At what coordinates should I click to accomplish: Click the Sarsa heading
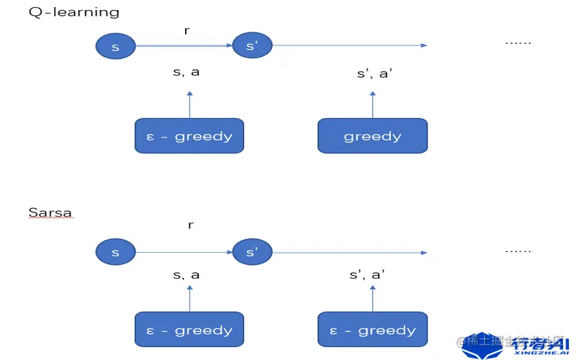[50, 212]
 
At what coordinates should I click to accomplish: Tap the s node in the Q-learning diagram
[115, 47]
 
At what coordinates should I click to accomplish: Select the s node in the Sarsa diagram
[115, 253]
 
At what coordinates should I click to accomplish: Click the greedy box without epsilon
[372, 136]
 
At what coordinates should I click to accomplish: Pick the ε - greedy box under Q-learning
[189, 136]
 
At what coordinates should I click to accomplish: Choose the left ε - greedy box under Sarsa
[189, 330]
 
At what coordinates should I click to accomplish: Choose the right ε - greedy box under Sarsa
[372, 330]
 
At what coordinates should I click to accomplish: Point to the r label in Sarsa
[190, 225]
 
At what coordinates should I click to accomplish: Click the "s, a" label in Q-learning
[186, 73]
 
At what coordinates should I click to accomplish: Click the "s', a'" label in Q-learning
[374, 73]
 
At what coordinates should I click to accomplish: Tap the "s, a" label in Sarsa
[186, 274]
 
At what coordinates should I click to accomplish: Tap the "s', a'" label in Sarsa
[367, 274]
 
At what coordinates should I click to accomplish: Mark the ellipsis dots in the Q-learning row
[518, 42]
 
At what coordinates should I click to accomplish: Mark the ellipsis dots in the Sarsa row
[518, 251]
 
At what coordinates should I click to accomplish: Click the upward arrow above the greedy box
[372, 104]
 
